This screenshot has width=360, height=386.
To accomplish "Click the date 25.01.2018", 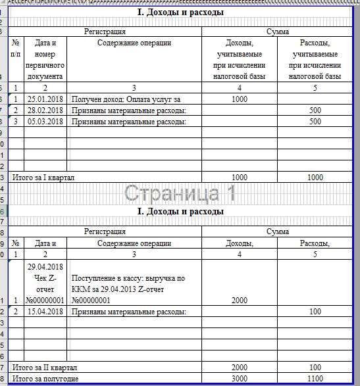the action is point(45,99).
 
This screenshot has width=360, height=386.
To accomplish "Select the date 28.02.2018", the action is point(45,110).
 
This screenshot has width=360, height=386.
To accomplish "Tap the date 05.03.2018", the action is point(45,121).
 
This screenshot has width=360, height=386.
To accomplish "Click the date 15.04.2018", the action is point(45,310).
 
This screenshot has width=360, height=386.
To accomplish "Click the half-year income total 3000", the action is point(239,379).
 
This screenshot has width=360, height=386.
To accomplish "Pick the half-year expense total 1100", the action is point(315,379).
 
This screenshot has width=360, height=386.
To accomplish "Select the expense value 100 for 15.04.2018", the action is point(315,310).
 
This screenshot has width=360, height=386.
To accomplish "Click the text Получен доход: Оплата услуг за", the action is point(126,99).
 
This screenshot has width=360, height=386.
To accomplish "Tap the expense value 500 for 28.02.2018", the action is point(315,110).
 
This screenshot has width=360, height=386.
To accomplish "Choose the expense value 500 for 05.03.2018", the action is point(315,121).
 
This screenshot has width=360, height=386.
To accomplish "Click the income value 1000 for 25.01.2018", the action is point(239,99).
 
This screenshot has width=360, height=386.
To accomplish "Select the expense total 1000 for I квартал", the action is point(315,178).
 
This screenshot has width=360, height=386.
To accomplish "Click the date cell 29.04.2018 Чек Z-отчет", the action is point(45,283).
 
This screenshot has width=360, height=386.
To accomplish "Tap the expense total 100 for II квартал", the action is point(315,367).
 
